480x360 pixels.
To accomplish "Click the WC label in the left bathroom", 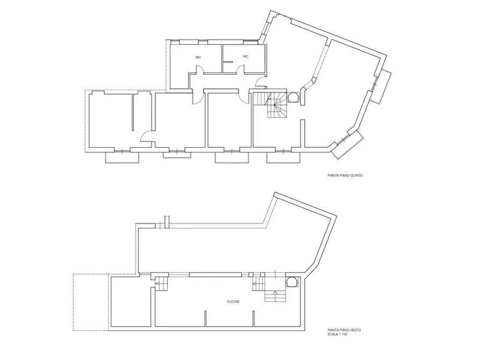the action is [x=198, y=57].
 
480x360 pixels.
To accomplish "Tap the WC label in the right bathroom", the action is [x=246, y=56].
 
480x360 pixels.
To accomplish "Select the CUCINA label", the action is [x=233, y=301].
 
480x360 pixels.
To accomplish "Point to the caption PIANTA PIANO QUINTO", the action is [x=345, y=176].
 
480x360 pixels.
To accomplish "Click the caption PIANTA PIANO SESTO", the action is [x=344, y=330].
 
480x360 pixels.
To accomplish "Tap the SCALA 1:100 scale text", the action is [x=338, y=334].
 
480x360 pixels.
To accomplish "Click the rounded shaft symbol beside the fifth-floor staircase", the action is [x=293, y=97].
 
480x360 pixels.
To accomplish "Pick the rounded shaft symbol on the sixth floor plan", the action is [x=292, y=282].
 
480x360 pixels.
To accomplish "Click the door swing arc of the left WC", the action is [x=199, y=70].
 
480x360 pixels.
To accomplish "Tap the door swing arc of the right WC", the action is [x=241, y=70].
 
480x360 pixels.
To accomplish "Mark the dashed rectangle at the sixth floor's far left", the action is [x=91, y=303].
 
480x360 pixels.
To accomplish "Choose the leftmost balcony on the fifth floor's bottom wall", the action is [x=122, y=157].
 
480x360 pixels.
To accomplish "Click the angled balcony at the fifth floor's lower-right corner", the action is [x=347, y=144].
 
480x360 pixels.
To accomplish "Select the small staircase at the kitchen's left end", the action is [x=162, y=284].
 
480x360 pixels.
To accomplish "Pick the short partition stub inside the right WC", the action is [x=227, y=62].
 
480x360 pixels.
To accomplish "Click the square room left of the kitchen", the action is [x=131, y=301].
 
